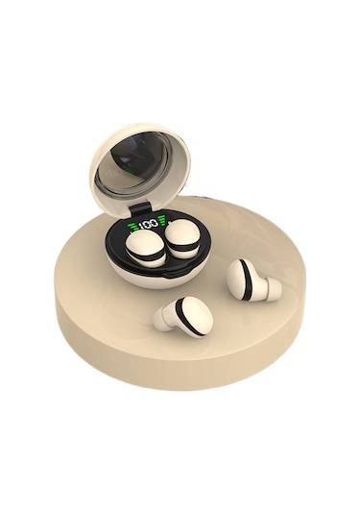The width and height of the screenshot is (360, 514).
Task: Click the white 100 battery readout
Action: tap(148, 225)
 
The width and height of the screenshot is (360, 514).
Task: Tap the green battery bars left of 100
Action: tap(132, 226)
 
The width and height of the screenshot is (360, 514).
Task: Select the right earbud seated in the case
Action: tap(181, 237)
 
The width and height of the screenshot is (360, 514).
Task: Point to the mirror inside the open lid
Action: tap(135, 169)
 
